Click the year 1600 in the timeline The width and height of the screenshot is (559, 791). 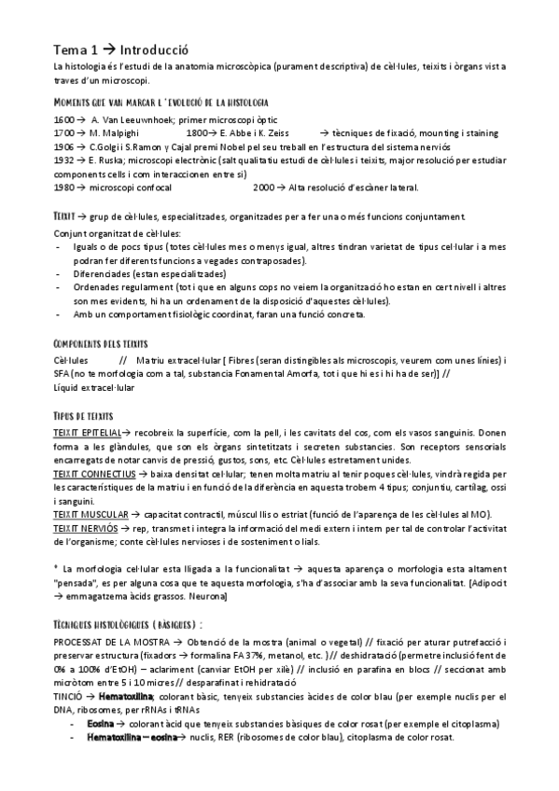pos(64,122)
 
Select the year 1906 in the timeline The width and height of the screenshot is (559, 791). pos(64,147)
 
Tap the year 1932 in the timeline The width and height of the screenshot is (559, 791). pos(64,160)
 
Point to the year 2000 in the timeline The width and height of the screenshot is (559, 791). pos(264,187)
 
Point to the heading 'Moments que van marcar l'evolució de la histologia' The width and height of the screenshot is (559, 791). pos(162,101)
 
